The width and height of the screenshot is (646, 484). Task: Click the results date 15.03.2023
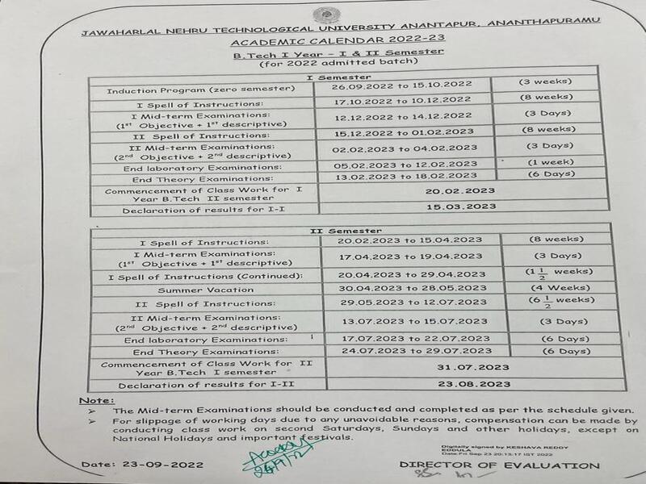[464, 207]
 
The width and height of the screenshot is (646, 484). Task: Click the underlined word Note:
[97, 401]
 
